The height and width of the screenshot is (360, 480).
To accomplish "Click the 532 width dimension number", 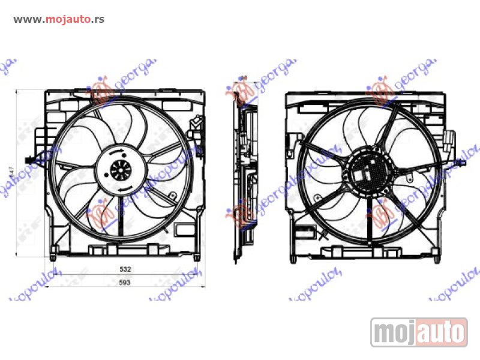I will (x=124, y=270).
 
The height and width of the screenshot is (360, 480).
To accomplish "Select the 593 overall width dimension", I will (x=124, y=282).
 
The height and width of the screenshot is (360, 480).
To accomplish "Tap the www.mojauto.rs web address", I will (x=59, y=19).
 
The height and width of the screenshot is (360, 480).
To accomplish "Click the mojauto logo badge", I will (x=418, y=332).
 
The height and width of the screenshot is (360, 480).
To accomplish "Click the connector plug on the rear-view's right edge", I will (x=449, y=142).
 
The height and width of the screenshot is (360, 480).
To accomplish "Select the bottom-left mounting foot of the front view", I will (x=52, y=257).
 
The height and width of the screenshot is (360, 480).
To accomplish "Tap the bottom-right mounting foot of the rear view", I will (x=439, y=258).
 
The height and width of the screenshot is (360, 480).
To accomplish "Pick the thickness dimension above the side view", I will (x=244, y=78).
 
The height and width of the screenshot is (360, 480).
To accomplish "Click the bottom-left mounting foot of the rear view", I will (x=293, y=258).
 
